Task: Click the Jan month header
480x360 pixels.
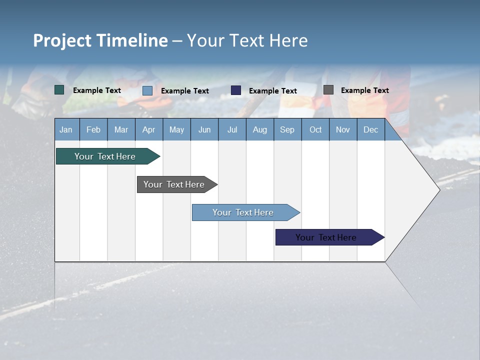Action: pos(66,129)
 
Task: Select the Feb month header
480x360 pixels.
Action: pos(93,129)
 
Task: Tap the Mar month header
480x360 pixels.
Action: pos(121,129)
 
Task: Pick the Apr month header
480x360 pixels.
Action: pos(149,129)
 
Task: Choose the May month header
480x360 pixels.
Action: pos(176,129)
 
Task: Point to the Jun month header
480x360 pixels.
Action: pos(204,129)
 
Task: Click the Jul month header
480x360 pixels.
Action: pos(232,129)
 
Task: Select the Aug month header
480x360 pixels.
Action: pos(260,129)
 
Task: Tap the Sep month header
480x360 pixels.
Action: pos(287,129)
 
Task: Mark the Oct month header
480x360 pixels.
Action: pos(315,129)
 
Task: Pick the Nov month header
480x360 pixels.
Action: pos(343,129)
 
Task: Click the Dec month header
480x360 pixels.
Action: pos(371,129)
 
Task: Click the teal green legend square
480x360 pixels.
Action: pos(59,90)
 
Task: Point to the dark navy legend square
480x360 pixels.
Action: pos(236,90)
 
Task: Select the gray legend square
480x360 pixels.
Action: pos(328,90)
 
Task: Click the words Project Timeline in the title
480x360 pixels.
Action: pos(100,40)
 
